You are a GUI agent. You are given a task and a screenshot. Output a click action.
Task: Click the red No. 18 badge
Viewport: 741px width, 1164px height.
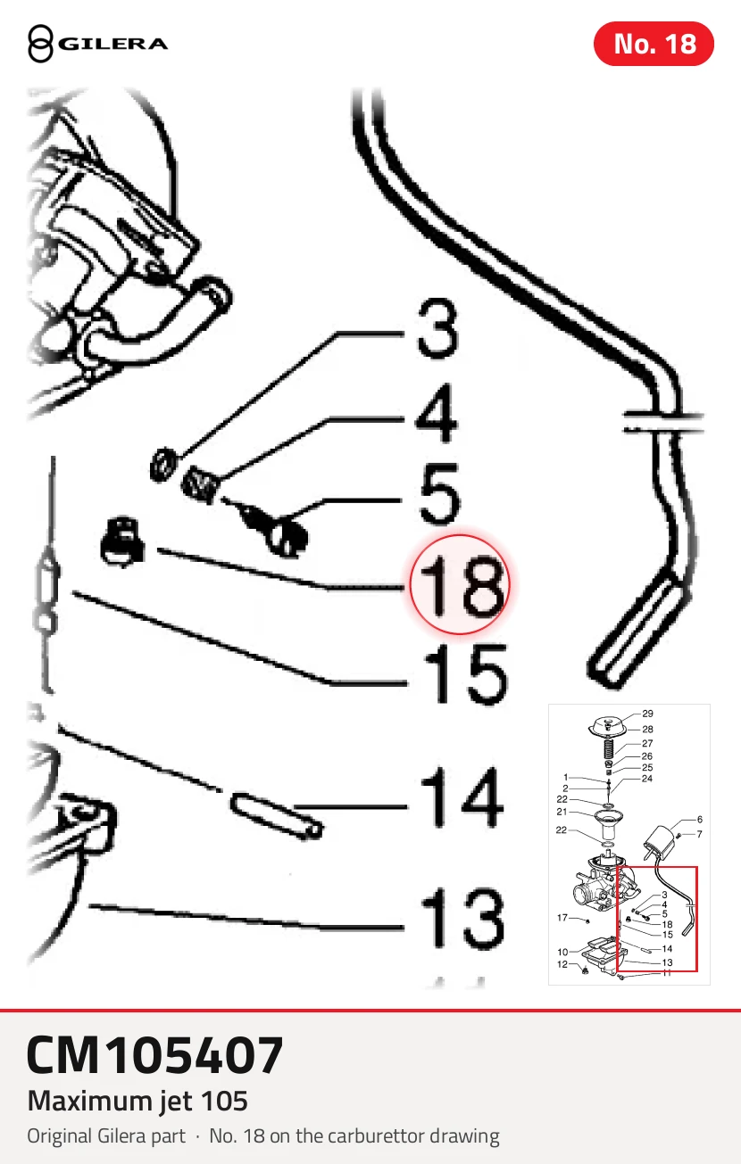[654, 44]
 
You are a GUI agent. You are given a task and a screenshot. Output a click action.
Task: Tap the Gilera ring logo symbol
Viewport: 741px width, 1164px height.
[40, 44]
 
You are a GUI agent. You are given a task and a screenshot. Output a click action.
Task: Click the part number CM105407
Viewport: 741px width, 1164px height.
[155, 1055]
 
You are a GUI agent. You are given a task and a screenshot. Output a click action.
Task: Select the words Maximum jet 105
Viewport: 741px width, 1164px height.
[137, 1102]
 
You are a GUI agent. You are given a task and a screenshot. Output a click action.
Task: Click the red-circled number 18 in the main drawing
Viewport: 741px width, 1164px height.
[460, 584]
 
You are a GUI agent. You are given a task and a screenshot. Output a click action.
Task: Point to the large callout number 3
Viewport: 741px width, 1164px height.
[437, 328]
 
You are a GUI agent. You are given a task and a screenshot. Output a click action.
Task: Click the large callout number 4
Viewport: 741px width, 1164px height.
[437, 413]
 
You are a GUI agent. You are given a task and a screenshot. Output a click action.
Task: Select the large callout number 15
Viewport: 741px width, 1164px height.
[465, 674]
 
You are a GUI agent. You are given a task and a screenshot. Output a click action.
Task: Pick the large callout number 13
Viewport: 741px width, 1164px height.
[462, 918]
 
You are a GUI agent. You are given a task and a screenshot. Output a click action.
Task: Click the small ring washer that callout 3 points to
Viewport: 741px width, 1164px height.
[163, 464]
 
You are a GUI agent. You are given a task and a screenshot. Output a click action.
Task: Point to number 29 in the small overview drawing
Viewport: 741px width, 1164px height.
[647, 714]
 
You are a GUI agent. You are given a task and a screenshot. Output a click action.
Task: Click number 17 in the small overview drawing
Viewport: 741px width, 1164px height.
[562, 918]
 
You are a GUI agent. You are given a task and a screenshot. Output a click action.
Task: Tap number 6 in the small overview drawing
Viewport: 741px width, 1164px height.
[700, 820]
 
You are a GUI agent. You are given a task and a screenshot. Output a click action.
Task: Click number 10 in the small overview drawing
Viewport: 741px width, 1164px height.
[562, 952]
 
